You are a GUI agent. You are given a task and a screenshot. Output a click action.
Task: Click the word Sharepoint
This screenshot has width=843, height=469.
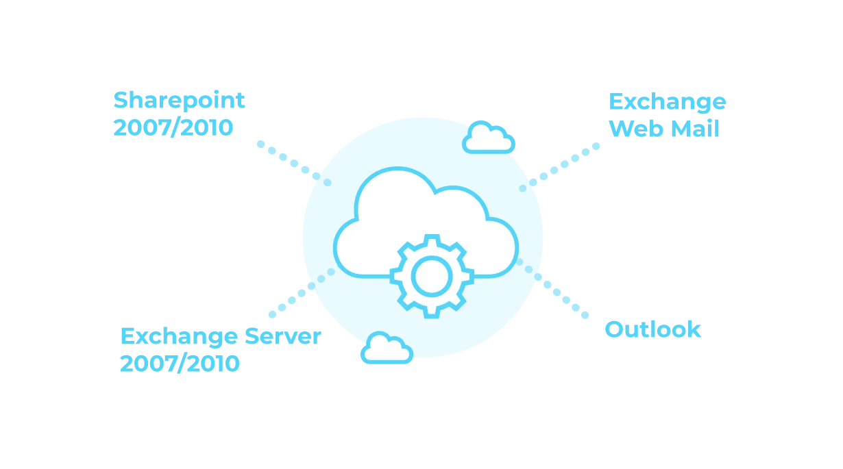click(x=180, y=100)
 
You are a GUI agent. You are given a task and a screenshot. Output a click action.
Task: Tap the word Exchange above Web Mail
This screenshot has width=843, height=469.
click(x=667, y=101)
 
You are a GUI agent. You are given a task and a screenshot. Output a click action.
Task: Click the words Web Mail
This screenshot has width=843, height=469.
click(x=665, y=128)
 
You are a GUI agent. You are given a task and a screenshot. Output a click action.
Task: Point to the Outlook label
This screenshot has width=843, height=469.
click(x=652, y=329)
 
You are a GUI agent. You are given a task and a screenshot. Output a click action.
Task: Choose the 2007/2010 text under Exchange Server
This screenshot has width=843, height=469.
click(x=180, y=363)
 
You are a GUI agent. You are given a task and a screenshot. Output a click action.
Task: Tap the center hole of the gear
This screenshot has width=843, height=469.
click(x=431, y=276)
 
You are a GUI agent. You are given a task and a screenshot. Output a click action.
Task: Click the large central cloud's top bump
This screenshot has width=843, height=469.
click(x=395, y=188)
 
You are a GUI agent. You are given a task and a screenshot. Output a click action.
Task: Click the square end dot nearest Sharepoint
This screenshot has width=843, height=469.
click(x=260, y=143)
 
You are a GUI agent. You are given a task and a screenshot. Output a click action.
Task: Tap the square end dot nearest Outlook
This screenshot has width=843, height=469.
click(x=586, y=316)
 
